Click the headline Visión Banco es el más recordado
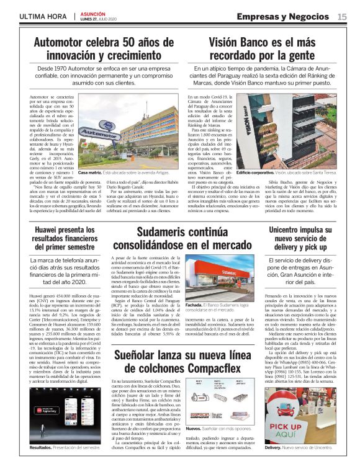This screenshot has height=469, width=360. [272, 48]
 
